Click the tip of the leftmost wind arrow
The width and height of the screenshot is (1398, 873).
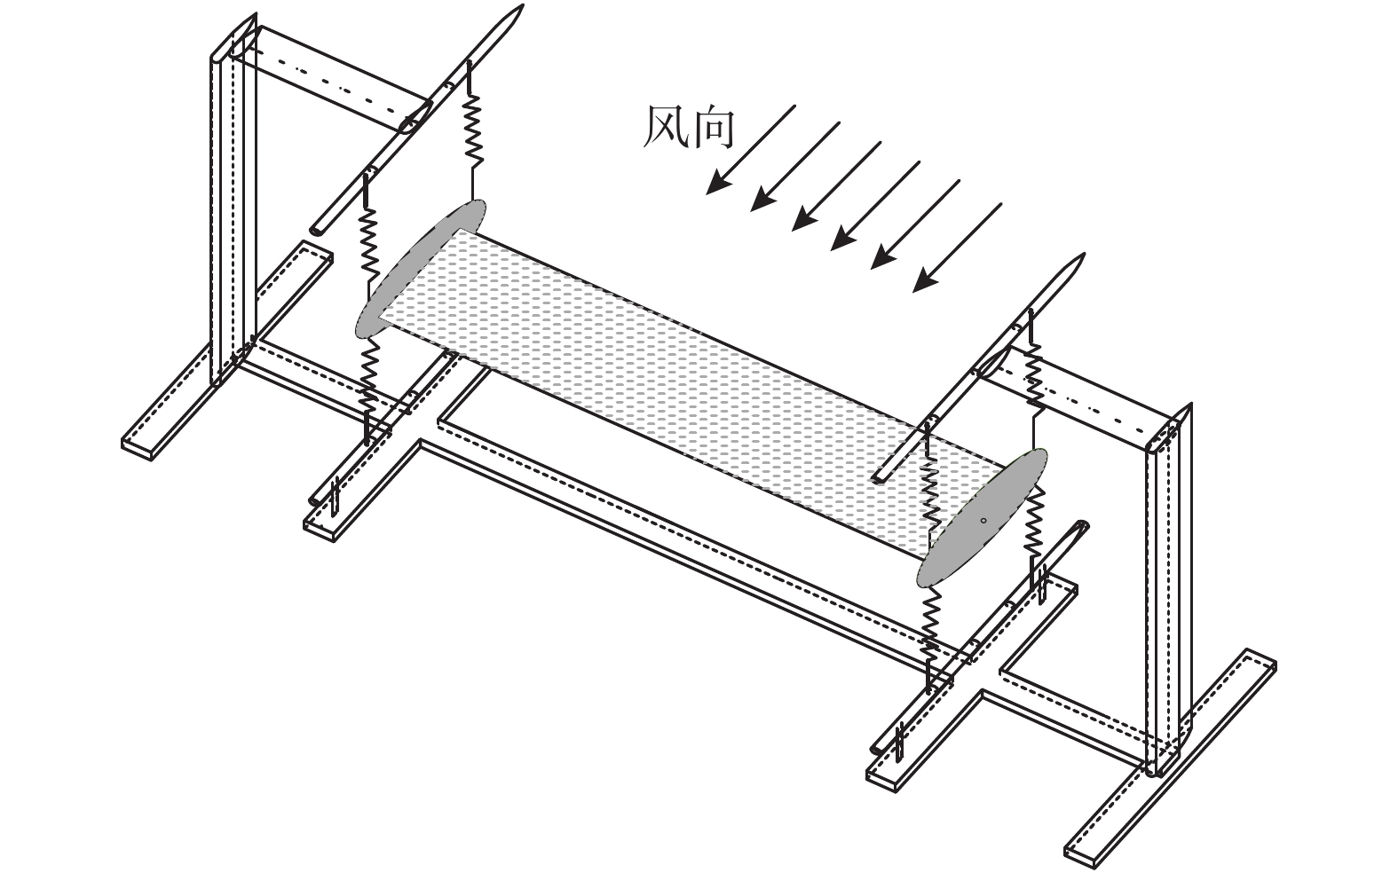tap(707, 194)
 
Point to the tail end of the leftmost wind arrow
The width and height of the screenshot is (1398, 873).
tap(795, 106)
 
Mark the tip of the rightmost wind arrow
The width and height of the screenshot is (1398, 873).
tap(913, 292)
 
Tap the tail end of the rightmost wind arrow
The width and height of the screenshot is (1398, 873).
tap(1001, 203)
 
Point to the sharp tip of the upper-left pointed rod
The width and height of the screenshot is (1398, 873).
tap(523, 5)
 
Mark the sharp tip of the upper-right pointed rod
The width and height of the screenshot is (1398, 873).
tap(1085, 254)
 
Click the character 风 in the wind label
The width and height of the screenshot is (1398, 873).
tap(666, 128)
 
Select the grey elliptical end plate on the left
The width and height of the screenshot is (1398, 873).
tap(420, 270)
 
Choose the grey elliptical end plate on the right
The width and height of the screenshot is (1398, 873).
tap(982, 517)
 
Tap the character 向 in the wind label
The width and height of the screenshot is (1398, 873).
tap(712, 129)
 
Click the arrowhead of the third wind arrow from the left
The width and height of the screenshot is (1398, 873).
tap(802, 223)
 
